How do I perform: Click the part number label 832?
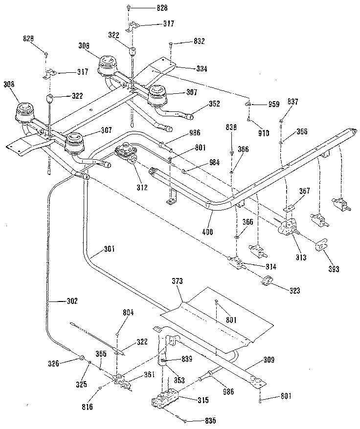(185, 42)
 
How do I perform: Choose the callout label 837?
(293, 102)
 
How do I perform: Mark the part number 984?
(201, 162)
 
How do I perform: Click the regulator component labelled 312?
(129, 153)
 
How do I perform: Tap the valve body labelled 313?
(287, 228)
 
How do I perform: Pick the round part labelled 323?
(268, 281)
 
